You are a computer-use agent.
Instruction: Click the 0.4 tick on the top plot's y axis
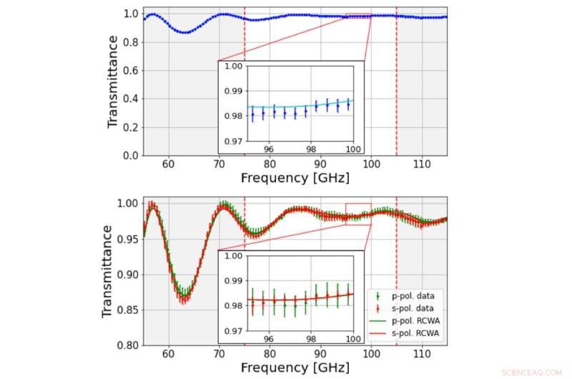point(130,98)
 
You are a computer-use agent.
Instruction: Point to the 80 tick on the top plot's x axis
point(270,164)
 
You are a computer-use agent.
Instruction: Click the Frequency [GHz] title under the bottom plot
point(295,368)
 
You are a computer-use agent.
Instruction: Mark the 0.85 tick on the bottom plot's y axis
point(127,310)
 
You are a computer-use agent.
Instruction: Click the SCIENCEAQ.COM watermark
point(533,371)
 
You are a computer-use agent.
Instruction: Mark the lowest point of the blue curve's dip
point(184,32)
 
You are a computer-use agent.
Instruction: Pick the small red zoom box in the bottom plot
point(358,214)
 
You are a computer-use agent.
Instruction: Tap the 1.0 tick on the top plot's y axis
point(130,13)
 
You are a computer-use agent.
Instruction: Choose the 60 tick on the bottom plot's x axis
point(168,354)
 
